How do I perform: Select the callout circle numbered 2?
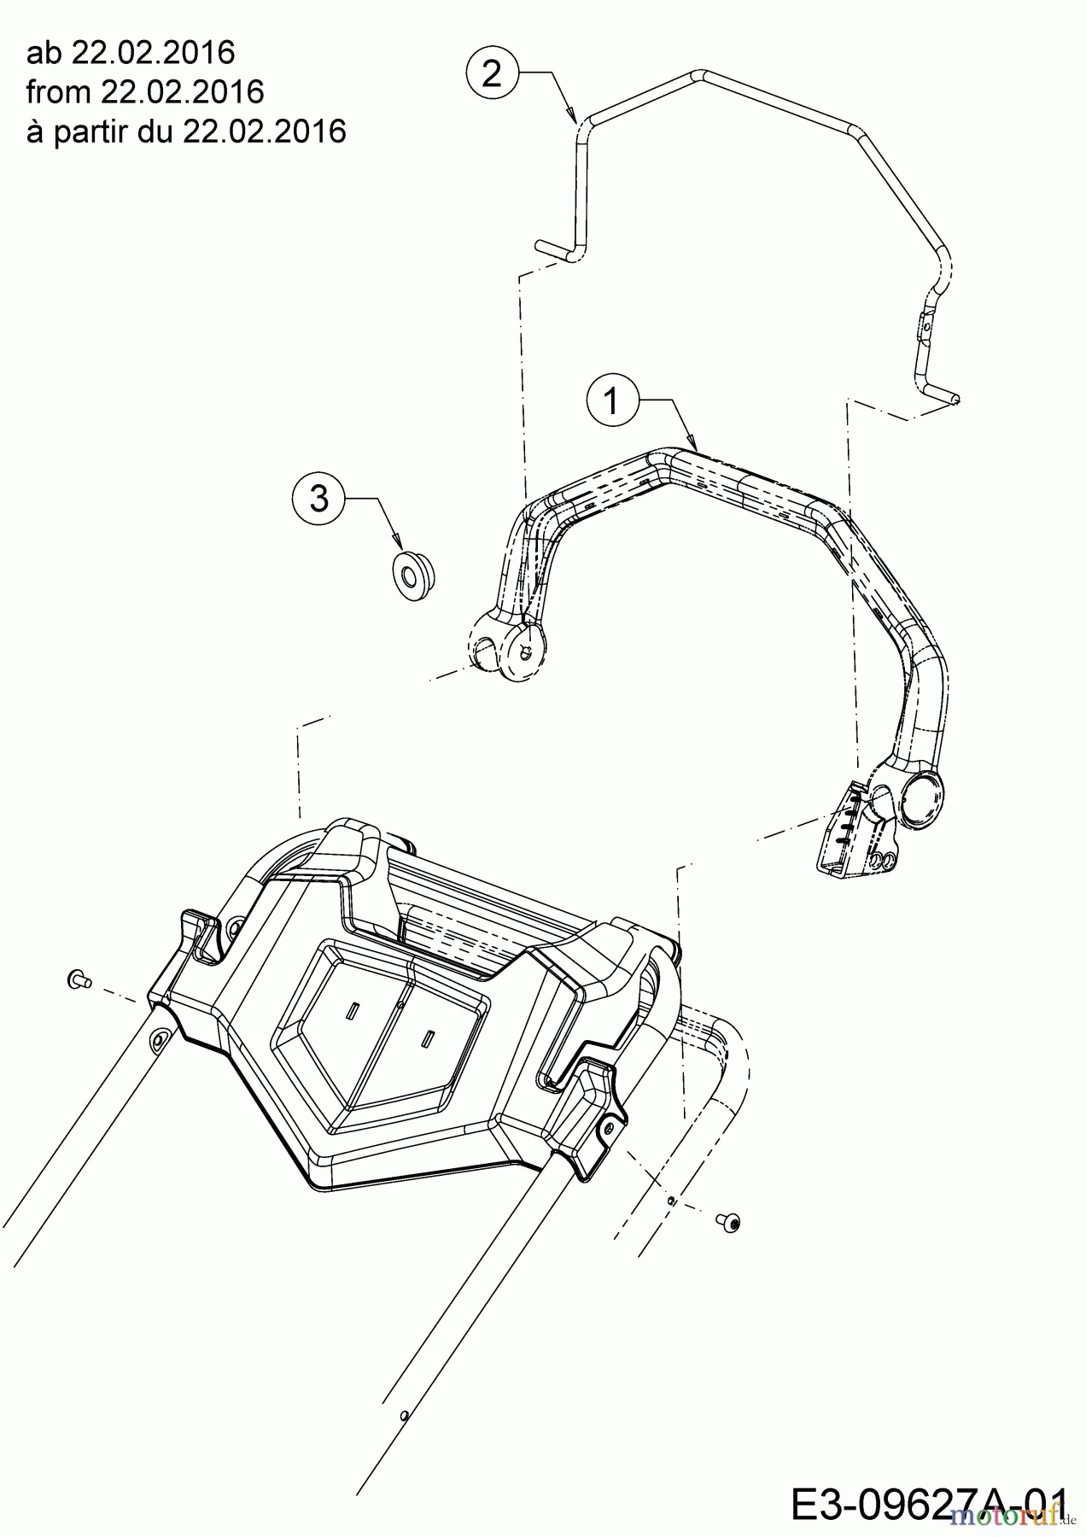coord(493,73)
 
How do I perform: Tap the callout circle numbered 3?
coord(319,497)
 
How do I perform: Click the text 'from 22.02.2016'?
coord(145,91)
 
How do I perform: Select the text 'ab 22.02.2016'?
coord(131,53)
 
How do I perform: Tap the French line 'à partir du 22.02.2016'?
coord(186,131)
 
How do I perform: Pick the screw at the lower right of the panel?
coord(731,1222)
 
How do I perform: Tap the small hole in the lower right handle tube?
coord(405,1412)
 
